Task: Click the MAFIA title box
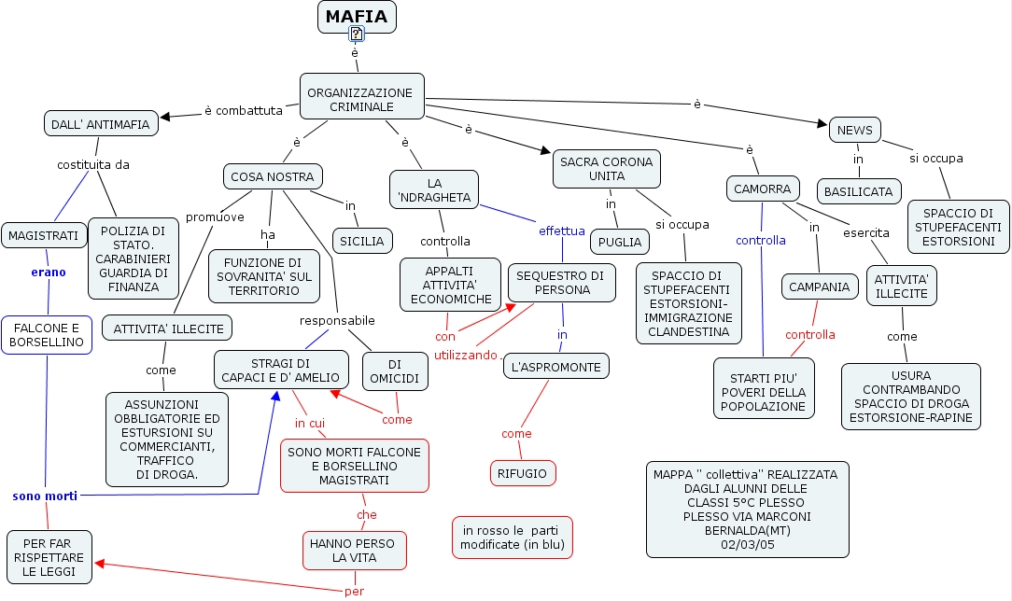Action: (357, 17)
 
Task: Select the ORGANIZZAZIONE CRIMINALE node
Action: (360, 98)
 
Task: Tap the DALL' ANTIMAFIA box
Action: (100, 122)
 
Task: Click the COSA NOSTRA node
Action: (273, 175)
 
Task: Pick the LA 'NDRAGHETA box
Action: (434, 189)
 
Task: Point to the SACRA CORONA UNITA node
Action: (607, 169)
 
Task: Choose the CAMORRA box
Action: (763, 189)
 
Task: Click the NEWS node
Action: (854, 130)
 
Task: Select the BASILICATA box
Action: (858, 192)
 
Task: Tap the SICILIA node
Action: (362, 241)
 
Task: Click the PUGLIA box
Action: (620, 242)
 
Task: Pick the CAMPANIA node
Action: (819, 287)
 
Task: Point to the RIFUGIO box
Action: (523, 473)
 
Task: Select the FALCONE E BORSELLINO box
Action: (46, 335)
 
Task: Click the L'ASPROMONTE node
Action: (556, 367)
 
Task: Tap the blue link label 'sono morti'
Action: (45, 496)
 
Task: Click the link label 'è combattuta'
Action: (243, 111)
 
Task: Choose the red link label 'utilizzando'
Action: (466, 356)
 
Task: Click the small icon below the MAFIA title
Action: (357, 35)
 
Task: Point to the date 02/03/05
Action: (747, 545)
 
